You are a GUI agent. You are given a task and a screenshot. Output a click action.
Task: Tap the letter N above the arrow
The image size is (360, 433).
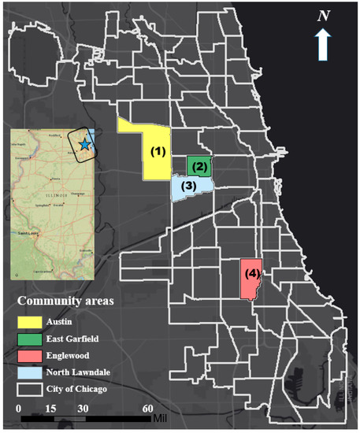(x=324, y=16)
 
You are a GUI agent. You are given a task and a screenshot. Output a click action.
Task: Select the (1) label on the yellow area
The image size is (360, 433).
(x=159, y=150)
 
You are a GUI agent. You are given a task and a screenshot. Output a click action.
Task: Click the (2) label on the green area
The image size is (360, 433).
(x=199, y=166)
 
